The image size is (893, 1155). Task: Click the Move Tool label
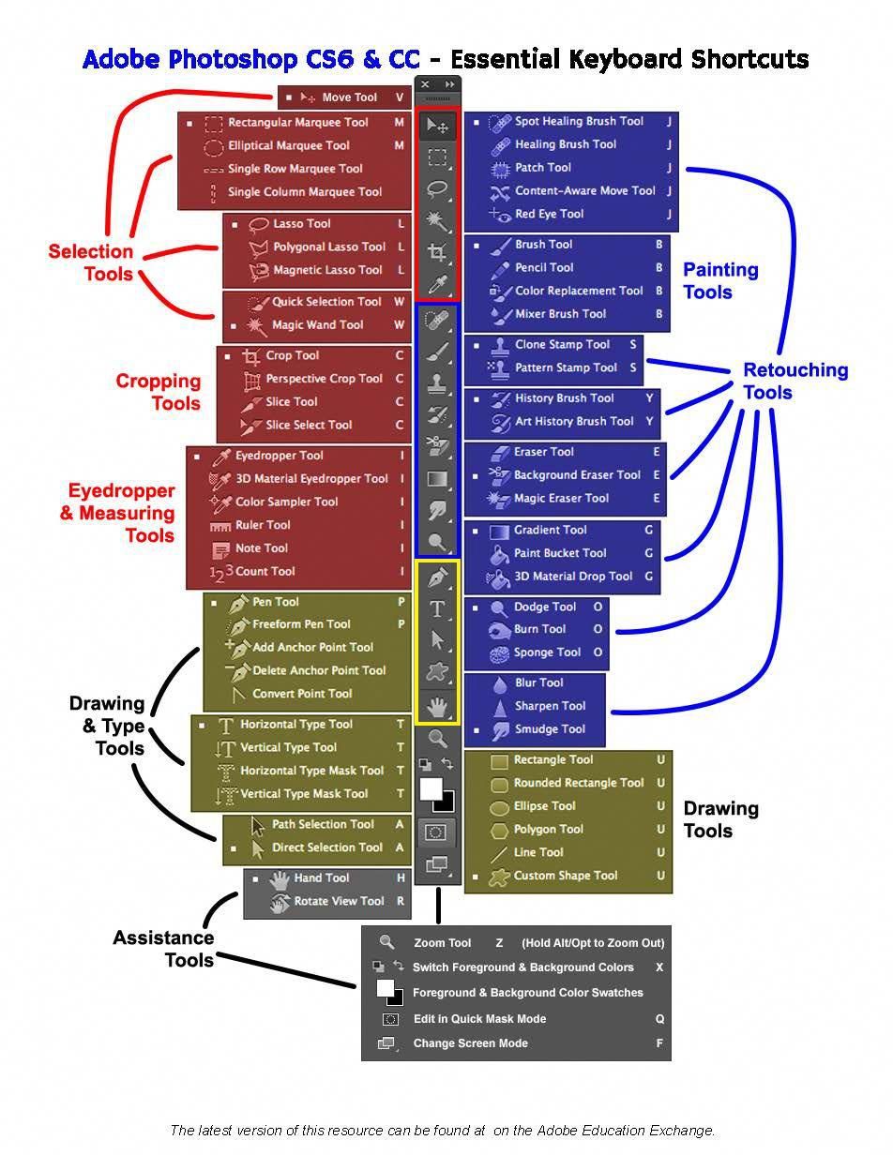pyautogui.click(x=349, y=97)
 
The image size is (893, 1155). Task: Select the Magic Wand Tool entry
pyautogui.click(x=317, y=325)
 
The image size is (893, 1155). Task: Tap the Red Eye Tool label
pyautogui.click(x=549, y=214)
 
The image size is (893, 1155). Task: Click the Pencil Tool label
pyautogui.click(x=544, y=267)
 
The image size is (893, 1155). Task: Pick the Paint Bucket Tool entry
pyautogui.click(x=560, y=553)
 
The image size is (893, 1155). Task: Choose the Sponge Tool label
pyautogui.click(x=547, y=652)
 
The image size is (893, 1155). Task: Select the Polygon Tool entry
pyautogui.click(x=548, y=829)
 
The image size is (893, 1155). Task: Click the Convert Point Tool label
pyautogui.click(x=302, y=694)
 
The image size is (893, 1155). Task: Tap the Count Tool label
pyautogui.click(x=265, y=571)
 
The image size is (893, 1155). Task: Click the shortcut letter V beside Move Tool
pyautogui.click(x=400, y=97)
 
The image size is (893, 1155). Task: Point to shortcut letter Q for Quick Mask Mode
pyautogui.click(x=659, y=1018)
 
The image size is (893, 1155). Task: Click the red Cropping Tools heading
pyautogui.click(x=159, y=392)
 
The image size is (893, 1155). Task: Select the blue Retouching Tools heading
pyautogui.click(x=795, y=381)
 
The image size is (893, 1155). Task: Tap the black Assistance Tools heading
pyautogui.click(x=163, y=948)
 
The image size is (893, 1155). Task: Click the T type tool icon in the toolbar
pyautogui.click(x=437, y=609)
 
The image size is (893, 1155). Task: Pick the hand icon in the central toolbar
pyautogui.click(x=437, y=705)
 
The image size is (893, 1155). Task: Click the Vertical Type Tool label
pyautogui.click(x=288, y=747)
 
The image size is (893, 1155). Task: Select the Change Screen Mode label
pyautogui.click(x=470, y=1043)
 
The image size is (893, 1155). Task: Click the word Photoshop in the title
pyautogui.click(x=235, y=59)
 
